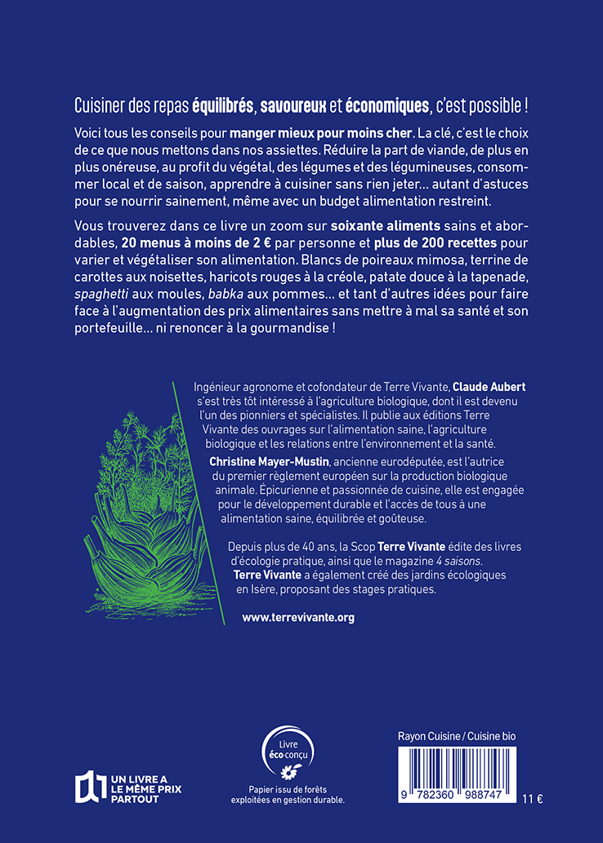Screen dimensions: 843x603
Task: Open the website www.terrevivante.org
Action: (x=298, y=618)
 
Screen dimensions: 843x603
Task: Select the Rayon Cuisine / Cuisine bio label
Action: (x=451, y=735)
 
